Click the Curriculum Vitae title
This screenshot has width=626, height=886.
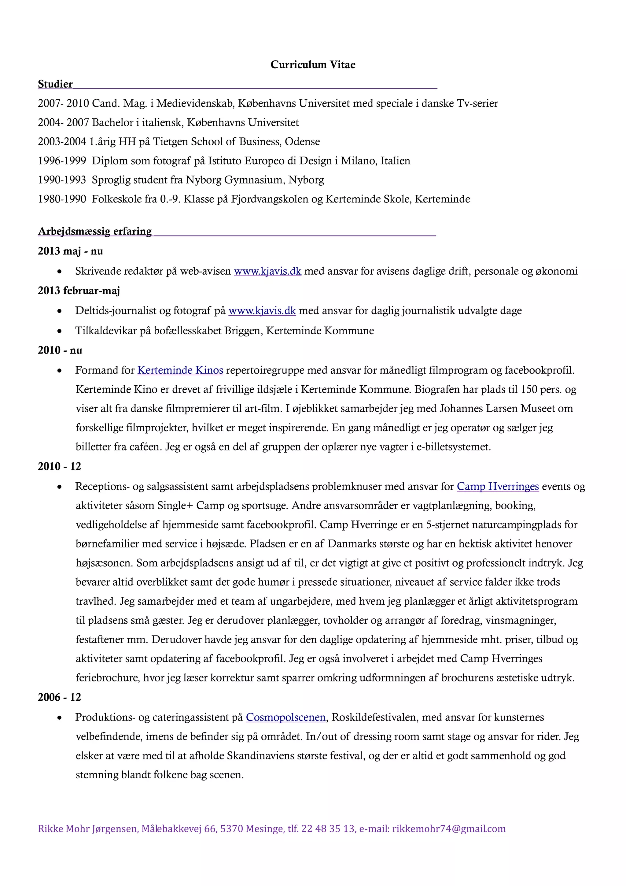[x=313, y=65]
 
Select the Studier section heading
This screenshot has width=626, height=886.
[x=55, y=84]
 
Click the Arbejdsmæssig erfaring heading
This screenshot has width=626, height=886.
[x=95, y=231]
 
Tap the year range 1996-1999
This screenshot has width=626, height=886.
[x=62, y=161]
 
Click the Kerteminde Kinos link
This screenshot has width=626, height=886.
[x=180, y=370]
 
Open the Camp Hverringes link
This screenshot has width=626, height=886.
[x=498, y=486]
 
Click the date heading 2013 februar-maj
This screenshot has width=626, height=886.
[x=79, y=291]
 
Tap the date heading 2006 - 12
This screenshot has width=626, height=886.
[x=59, y=697]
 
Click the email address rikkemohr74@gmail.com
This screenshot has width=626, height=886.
[x=449, y=829]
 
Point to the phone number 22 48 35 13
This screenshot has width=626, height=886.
[x=327, y=829]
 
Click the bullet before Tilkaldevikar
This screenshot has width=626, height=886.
[x=59, y=331]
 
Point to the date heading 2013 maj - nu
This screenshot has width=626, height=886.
[x=70, y=251]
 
